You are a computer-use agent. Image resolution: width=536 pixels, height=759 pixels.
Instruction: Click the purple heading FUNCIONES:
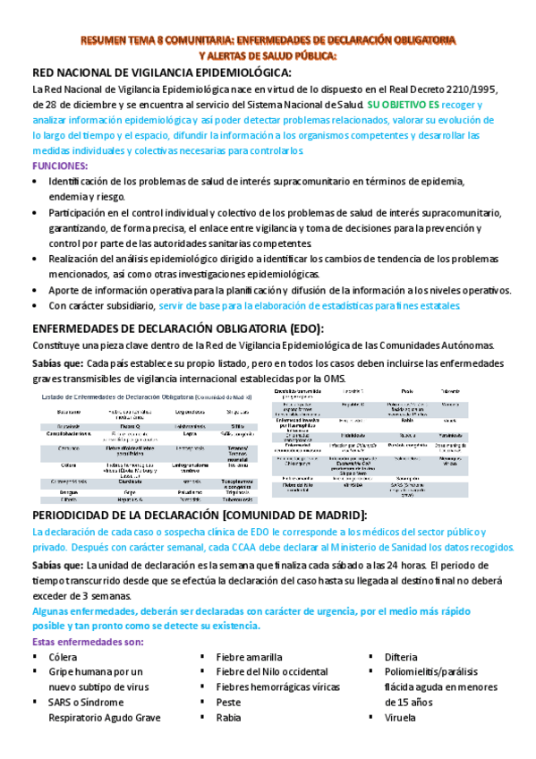pos(60,166)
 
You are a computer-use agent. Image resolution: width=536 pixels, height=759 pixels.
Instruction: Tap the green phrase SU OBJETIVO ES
pos(403,104)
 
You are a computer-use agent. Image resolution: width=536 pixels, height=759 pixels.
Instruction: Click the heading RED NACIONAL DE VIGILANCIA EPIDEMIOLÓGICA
pos(161,72)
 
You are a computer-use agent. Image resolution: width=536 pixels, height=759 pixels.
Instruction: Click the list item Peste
pos(229,703)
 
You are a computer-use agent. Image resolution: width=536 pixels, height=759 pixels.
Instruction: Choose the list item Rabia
pos(229,718)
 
